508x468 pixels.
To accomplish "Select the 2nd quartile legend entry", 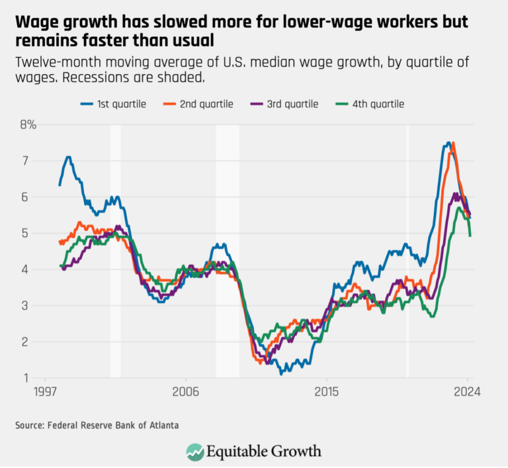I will point(198,104).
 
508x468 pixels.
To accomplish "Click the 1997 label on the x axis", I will point(45,391).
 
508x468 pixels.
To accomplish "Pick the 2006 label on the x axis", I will point(185,391).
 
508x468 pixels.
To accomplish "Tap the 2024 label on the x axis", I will point(466,391).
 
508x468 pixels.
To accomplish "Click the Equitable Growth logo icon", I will point(195,451).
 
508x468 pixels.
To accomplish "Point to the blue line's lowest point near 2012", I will point(281,374).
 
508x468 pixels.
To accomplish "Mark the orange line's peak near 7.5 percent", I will point(453,143).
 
